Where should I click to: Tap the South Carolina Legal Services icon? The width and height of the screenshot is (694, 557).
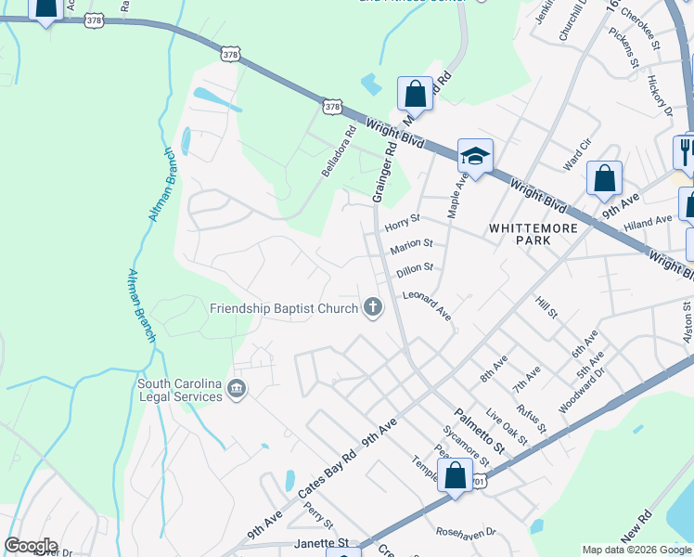pyautogui.click(x=237, y=388)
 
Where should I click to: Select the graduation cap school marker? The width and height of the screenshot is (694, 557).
pyautogui.click(x=475, y=157)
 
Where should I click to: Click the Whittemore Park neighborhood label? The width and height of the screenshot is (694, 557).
pyautogui.click(x=533, y=233)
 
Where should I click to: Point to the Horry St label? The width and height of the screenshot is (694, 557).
pyautogui.click(x=403, y=223)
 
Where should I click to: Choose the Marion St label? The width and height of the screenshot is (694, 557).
pyautogui.click(x=412, y=246)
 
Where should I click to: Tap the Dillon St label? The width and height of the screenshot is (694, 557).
pyautogui.click(x=415, y=269)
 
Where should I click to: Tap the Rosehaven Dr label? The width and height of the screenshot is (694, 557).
pyautogui.click(x=466, y=533)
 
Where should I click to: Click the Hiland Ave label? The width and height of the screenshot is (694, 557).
pyautogui.click(x=647, y=222)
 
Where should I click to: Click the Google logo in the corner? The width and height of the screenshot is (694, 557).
pyautogui.click(x=31, y=546)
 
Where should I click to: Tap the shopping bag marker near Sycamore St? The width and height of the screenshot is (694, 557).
pyautogui.click(x=455, y=477)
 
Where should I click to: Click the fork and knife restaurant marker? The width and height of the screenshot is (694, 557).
pyautogui.click(x=686, y=150)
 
